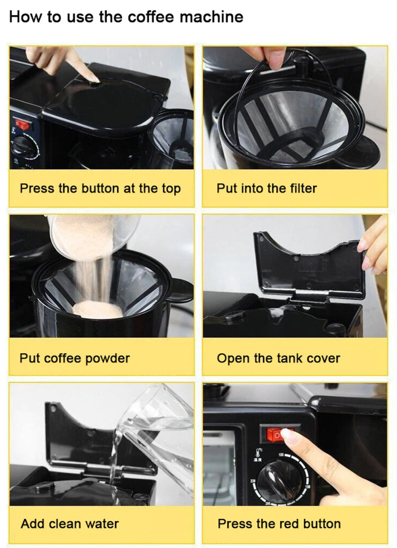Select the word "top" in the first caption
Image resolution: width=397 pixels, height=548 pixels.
tap(171, 189)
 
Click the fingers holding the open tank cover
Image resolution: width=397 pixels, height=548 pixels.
tap(375, 248)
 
